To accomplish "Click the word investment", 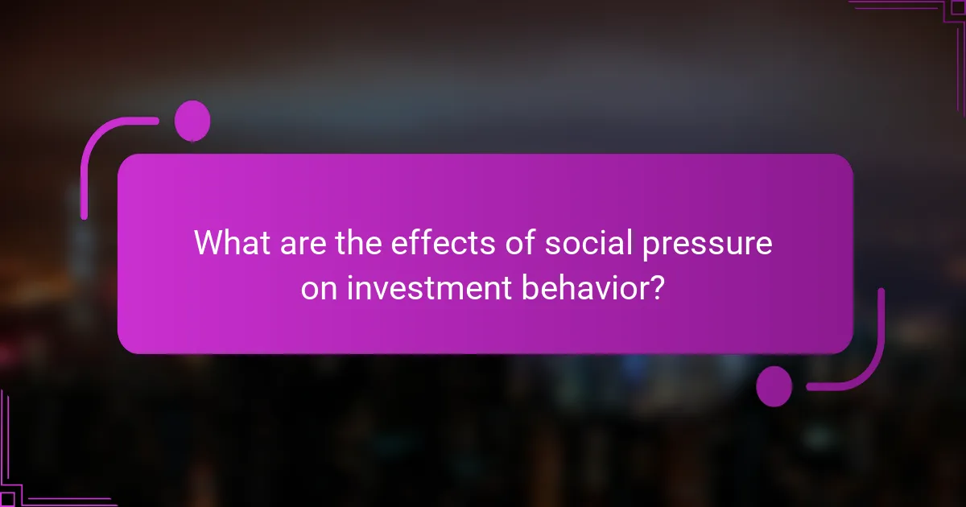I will (x=427, y=288).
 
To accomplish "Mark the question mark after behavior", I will (x=657, y=288).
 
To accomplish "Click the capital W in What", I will (x=210, y=243).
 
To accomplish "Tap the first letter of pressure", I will (x=643, y=246).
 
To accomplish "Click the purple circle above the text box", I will (x=192, y=121).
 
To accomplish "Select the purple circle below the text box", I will (x=774, y=386).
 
